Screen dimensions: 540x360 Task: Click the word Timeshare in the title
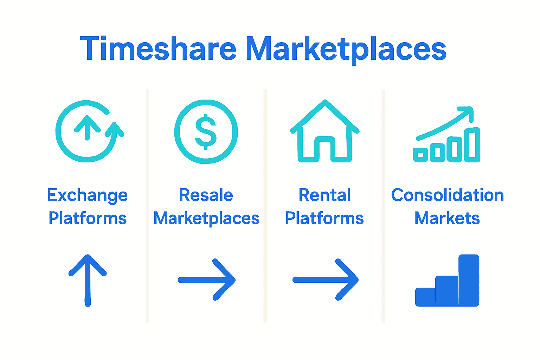[158, 48]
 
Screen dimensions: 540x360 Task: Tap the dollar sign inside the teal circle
[206, 131]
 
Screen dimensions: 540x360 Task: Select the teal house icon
[325, 131]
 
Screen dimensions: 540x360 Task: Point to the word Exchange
[87, 196]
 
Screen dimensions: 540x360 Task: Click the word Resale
[206, 195]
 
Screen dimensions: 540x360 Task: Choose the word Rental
[324, 195]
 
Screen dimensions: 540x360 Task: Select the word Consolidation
[448, 195]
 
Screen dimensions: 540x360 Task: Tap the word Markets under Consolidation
[447, 218]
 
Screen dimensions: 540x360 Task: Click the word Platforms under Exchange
[88, 218]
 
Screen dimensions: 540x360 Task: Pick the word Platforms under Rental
[324, 218]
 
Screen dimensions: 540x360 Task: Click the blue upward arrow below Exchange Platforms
[88, 281]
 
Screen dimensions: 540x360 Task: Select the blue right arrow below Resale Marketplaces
[207, 280]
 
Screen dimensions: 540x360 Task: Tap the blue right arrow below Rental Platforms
[326, 280]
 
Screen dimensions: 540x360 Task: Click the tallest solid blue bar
[469, 281]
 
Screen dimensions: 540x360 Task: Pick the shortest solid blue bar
[425, 297]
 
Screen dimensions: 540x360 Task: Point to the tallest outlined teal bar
[472, 145]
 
